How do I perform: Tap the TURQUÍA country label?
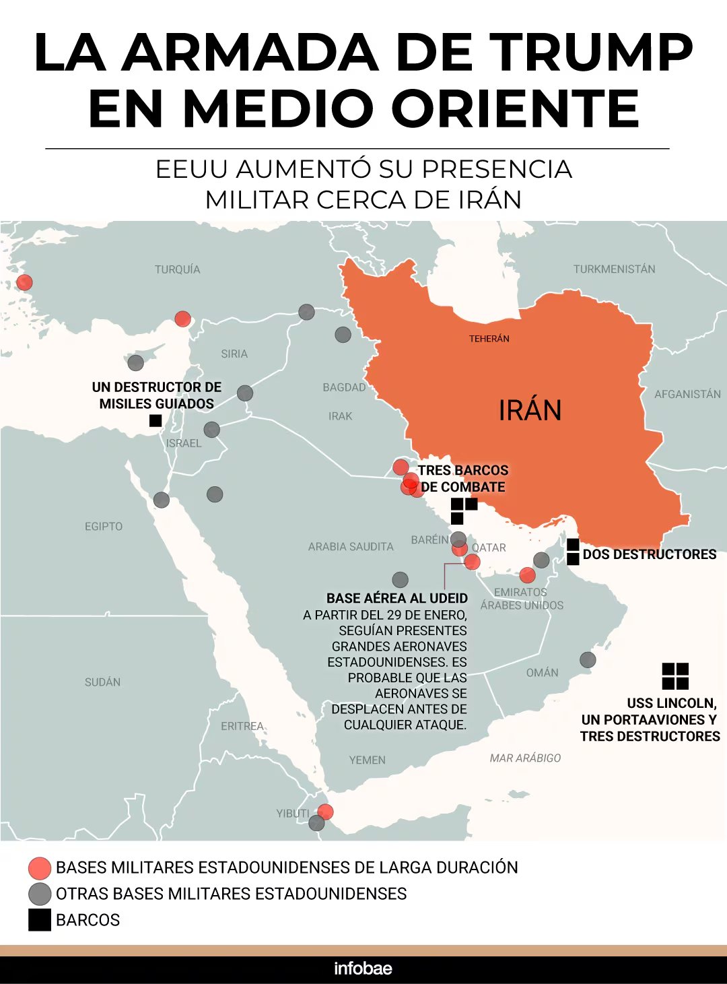[178, 269]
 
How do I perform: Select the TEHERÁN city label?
[489, 339]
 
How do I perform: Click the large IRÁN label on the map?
[530, 410]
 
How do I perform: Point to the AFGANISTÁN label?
[687, 394]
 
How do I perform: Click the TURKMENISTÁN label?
[614, 269]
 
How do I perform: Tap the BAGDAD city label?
[344, 387]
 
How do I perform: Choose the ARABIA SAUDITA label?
[351, 547]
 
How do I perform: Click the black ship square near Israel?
[155, 421]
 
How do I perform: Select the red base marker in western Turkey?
[24, 282]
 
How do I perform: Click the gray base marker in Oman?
[588, 659]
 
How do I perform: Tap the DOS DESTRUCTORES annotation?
[650, 554]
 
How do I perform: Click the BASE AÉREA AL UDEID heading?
[397, 598]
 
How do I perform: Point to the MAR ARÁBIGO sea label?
[525, 758]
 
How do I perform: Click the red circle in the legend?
[40, 868]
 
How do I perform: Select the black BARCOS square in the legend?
[40, 920]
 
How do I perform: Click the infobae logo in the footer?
[363, 969]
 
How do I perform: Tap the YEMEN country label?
[367, 760]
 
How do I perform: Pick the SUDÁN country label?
[103, 682]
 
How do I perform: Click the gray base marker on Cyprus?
[136, 363]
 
